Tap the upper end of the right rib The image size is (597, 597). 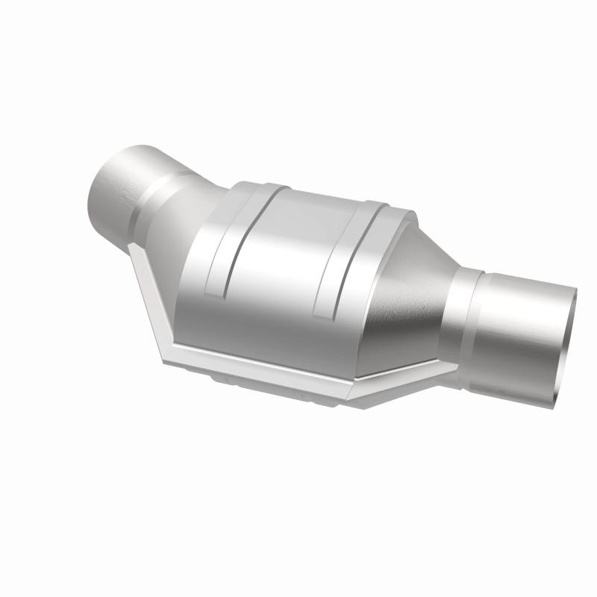(x=373, y=206)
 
